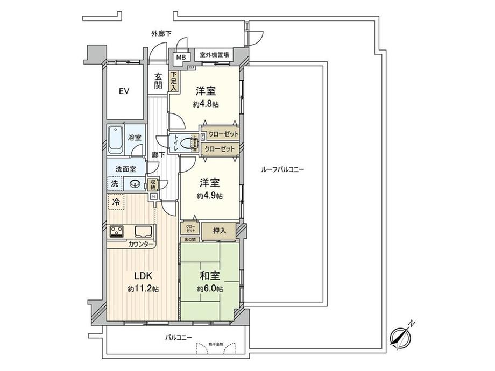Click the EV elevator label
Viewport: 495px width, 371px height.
click(x=124, y=91)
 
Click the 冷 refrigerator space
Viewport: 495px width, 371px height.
click(x=116, y=203)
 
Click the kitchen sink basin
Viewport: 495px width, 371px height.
click(x=143, y=232)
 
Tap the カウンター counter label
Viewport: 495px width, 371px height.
click(x=142, y=245)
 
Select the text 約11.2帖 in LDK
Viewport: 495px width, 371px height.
click(x=143, y=289)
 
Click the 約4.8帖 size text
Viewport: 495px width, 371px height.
click(x=206, y=105)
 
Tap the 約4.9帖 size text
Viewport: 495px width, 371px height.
click(x=210, y=196)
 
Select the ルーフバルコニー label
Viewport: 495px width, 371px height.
click(x=282, y=169)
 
